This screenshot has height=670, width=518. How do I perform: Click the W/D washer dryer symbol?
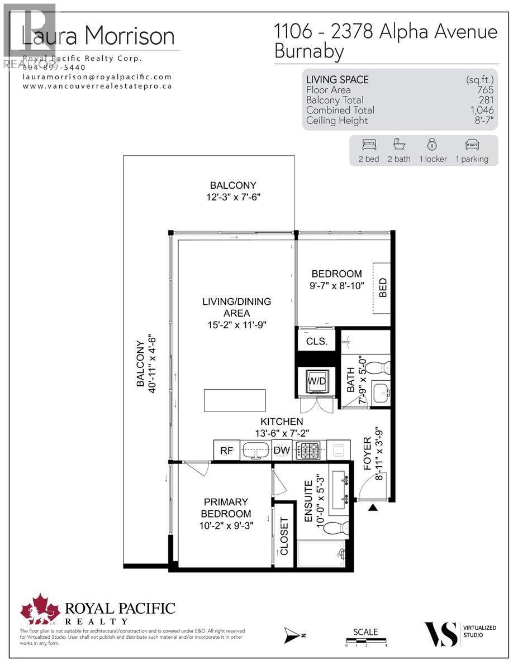coord(316,381)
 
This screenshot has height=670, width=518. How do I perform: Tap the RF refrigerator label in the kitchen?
coord(226,450)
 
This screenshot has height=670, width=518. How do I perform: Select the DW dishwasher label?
coord(281,450)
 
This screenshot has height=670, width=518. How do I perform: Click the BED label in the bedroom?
coord(383,288)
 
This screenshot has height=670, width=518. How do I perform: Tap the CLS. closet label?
coord(316,341)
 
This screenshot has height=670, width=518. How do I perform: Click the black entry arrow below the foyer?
coord(373,507)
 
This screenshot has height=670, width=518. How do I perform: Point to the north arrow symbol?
coord(293,634)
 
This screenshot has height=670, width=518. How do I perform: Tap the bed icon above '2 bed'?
coord(369,145)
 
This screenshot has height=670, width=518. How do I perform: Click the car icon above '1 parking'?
coord(472,145)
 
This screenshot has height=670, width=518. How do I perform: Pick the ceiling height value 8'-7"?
coord(482,121)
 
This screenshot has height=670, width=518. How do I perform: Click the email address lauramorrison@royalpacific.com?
coord(97,77)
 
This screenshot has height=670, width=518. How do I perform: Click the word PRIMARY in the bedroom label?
coord(226,502)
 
